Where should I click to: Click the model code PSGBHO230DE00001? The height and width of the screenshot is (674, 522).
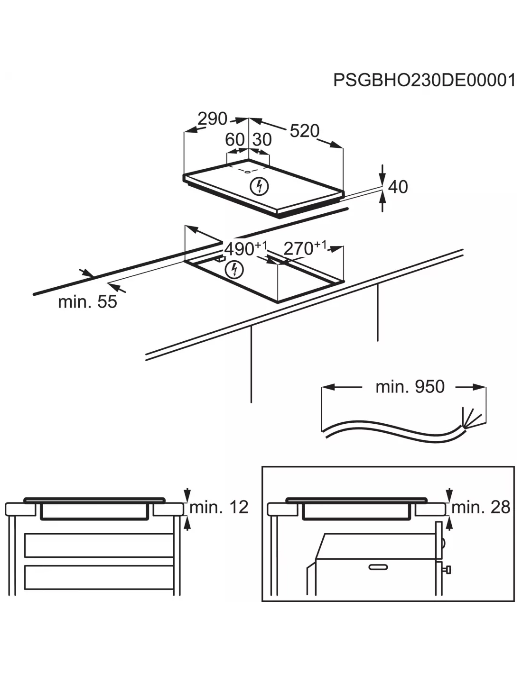pos(424,80)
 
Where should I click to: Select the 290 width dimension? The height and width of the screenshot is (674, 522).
pos(213,118)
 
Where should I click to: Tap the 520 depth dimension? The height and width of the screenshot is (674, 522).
pos(304,131)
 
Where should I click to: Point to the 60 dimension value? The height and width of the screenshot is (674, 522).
pos(234,140)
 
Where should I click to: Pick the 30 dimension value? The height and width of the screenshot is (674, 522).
pos(261,140)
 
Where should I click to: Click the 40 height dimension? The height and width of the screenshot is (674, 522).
pos(398,187)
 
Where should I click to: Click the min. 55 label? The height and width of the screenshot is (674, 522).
pos(87,301)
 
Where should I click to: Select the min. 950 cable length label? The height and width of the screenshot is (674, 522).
pos(410,387)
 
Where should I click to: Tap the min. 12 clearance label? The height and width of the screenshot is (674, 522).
pos(219,507)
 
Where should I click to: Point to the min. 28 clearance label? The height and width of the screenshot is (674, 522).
pos(480,507)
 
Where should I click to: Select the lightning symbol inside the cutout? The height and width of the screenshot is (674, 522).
pos(234,269)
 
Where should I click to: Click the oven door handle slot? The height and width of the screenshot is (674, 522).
pos(378,567)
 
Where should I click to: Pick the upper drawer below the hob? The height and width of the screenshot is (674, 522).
pos(99,545)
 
